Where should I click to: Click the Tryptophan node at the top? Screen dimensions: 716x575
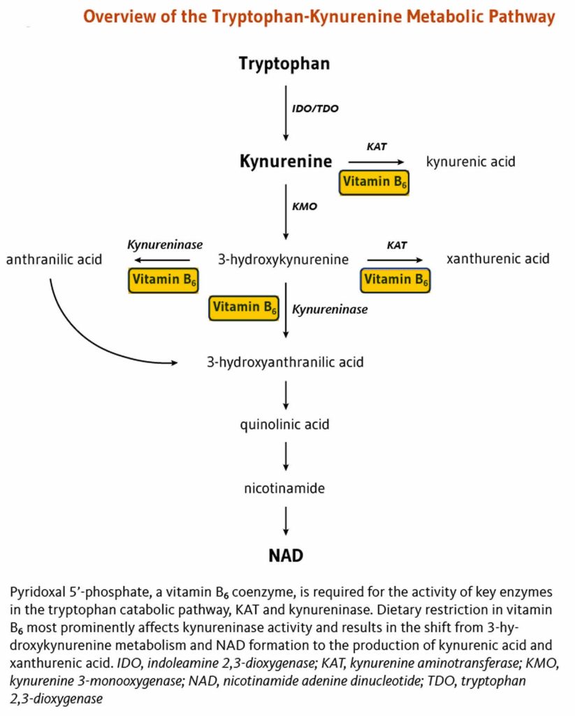pyautogui.click(x=284, y=64)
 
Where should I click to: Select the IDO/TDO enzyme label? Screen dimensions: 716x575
pyautogui.click(x=315, y=108)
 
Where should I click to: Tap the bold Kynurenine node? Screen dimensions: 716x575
pyautogui.click(x=286, y=162)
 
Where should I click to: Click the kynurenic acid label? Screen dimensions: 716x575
pyautogui.click(x=470, y=162)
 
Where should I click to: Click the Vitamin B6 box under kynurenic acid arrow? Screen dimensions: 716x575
pyautogui.click(x=374, y=182)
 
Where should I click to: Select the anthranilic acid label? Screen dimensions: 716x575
pyautogui.click(x=54, y=259)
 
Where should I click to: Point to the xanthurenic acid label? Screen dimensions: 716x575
pyautogui.click(x=497, y=259)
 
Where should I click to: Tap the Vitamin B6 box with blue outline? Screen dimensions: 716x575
pyautogui.click(x=395, y=280)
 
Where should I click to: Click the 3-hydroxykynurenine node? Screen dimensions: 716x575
pyautogui.click(x=284, y=259)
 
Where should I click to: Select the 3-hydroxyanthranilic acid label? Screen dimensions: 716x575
pyautogui.click(x=285, y=362)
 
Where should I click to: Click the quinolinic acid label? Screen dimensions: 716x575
pyautogui.click(x=286, y=424)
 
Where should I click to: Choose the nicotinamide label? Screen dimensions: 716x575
pyautogui.click(x=284, y=488)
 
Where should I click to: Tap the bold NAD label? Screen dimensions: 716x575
pyautogui.click(x=286, y=557)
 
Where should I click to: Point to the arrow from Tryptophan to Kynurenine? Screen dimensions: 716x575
pyautogui.click(x=286, y=112)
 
